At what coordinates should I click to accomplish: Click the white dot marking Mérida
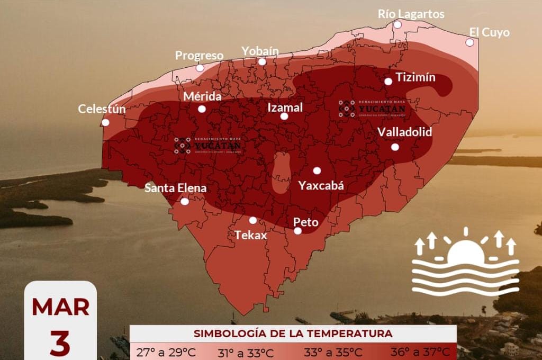pyautogui.click(x=202, y=109)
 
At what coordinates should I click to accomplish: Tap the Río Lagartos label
pyautogui.click(x=411, y=14)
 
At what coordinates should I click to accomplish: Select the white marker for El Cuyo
pyautogui.click(x=469, y=42)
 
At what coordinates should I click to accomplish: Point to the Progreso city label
pyautogui.click(x=199, y=55)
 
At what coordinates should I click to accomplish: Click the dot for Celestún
pyautogui.click(x=105, y=122)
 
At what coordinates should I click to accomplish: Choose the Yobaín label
pyautogui.click(x=260, y=50)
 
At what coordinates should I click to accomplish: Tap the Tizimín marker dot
pyautogui.click(x=388, y=81)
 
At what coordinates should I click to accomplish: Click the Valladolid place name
pyautogui.click(x=404, y=132)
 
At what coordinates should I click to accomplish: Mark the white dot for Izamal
pyautogui.click(x=284, y=116)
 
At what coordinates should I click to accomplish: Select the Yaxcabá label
pyautogui.click(x=321, y=185)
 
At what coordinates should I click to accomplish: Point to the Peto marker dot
pyautogui.click(x=297, y=231)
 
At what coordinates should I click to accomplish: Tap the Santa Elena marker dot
pyautogui.click(x=184, y=201)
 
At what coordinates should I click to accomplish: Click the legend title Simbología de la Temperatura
pyautogui.click(x=293, y=334)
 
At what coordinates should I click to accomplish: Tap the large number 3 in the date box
pyautogui.click(x=60, y=344)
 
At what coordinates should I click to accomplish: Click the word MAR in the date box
pyautogui.click(x=60, y=307)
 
